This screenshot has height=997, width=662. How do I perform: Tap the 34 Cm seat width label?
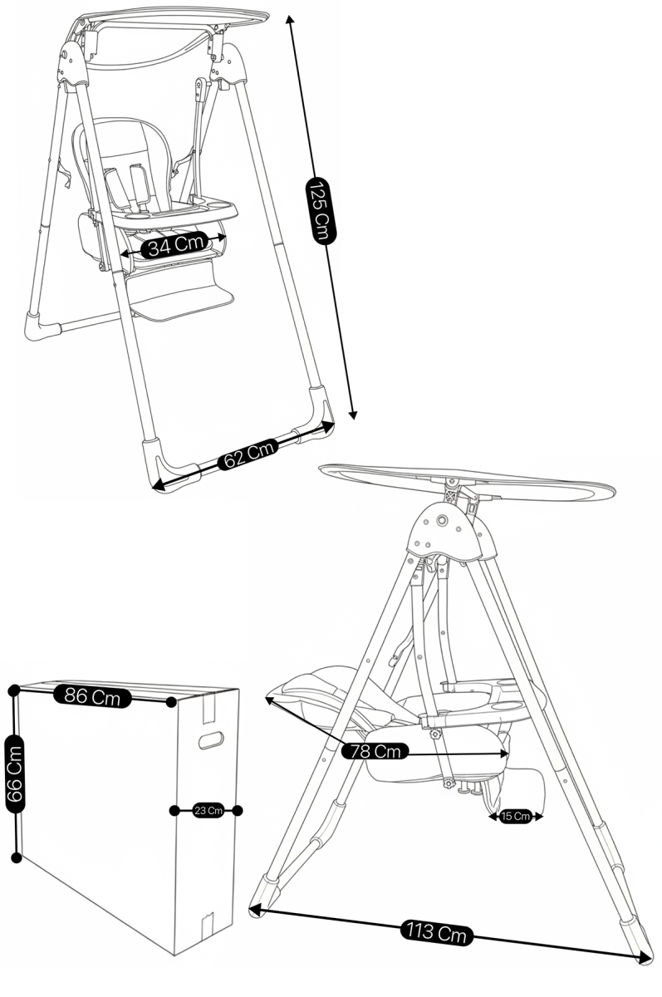[174, 244]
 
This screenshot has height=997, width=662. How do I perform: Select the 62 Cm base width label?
[248, 454]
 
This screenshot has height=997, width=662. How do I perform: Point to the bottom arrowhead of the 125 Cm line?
[353, 415]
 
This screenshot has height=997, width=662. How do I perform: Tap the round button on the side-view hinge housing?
[442, 520]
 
